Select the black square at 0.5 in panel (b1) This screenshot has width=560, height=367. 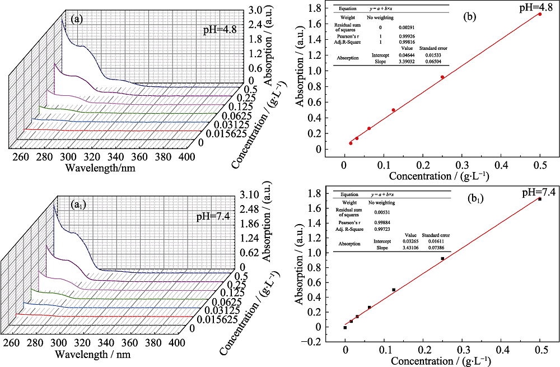[539, 199]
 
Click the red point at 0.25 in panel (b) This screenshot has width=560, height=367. [442, 77]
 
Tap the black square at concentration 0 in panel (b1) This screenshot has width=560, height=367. [345, 327]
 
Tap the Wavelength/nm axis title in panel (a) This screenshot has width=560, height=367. [100, 167]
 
